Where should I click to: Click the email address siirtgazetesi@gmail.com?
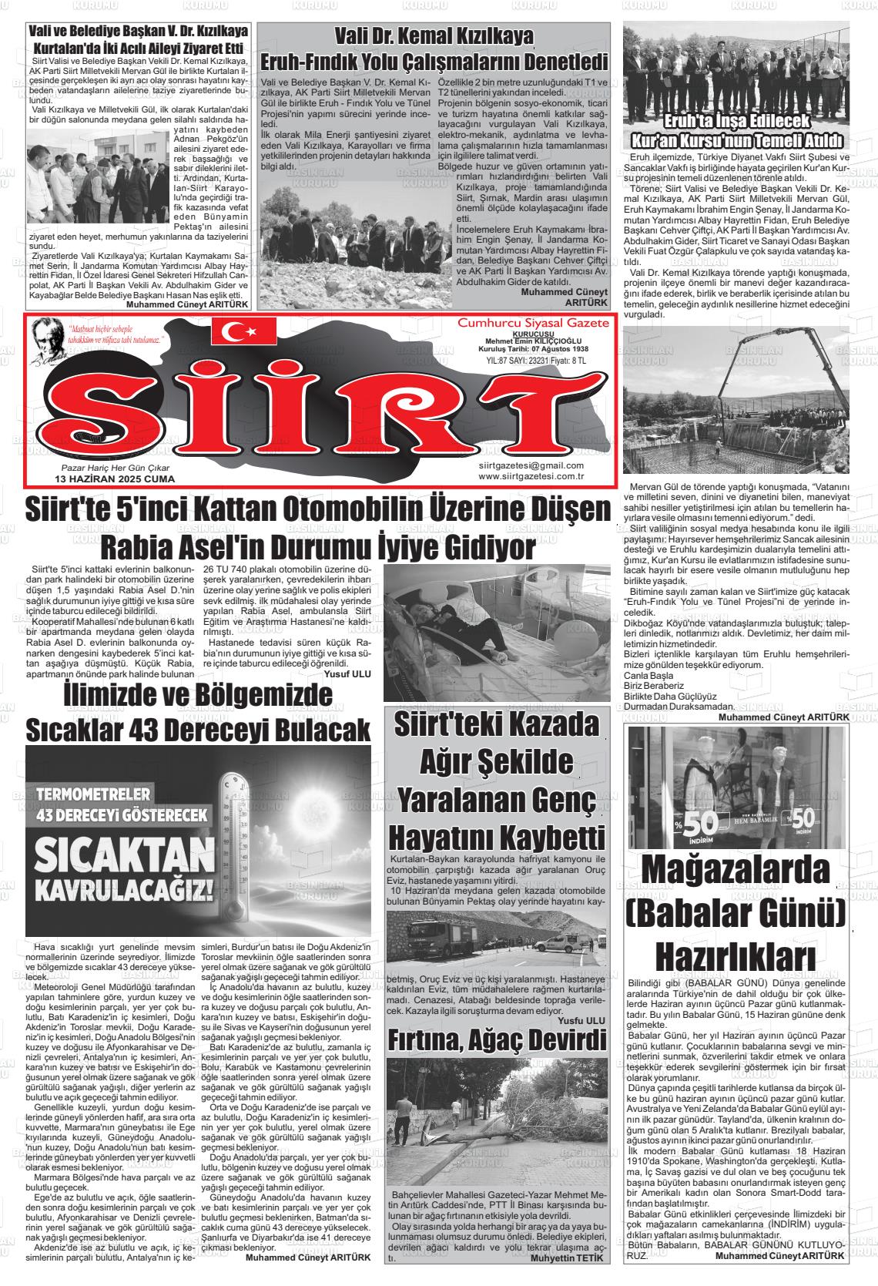coord(531,465)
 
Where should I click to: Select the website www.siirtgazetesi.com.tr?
coord(531,476)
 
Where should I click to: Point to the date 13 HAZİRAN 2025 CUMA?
coord(115,479)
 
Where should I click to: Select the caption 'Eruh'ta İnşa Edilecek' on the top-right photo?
coord(735,123)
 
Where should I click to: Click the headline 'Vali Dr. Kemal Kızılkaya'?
coord(434,37)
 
